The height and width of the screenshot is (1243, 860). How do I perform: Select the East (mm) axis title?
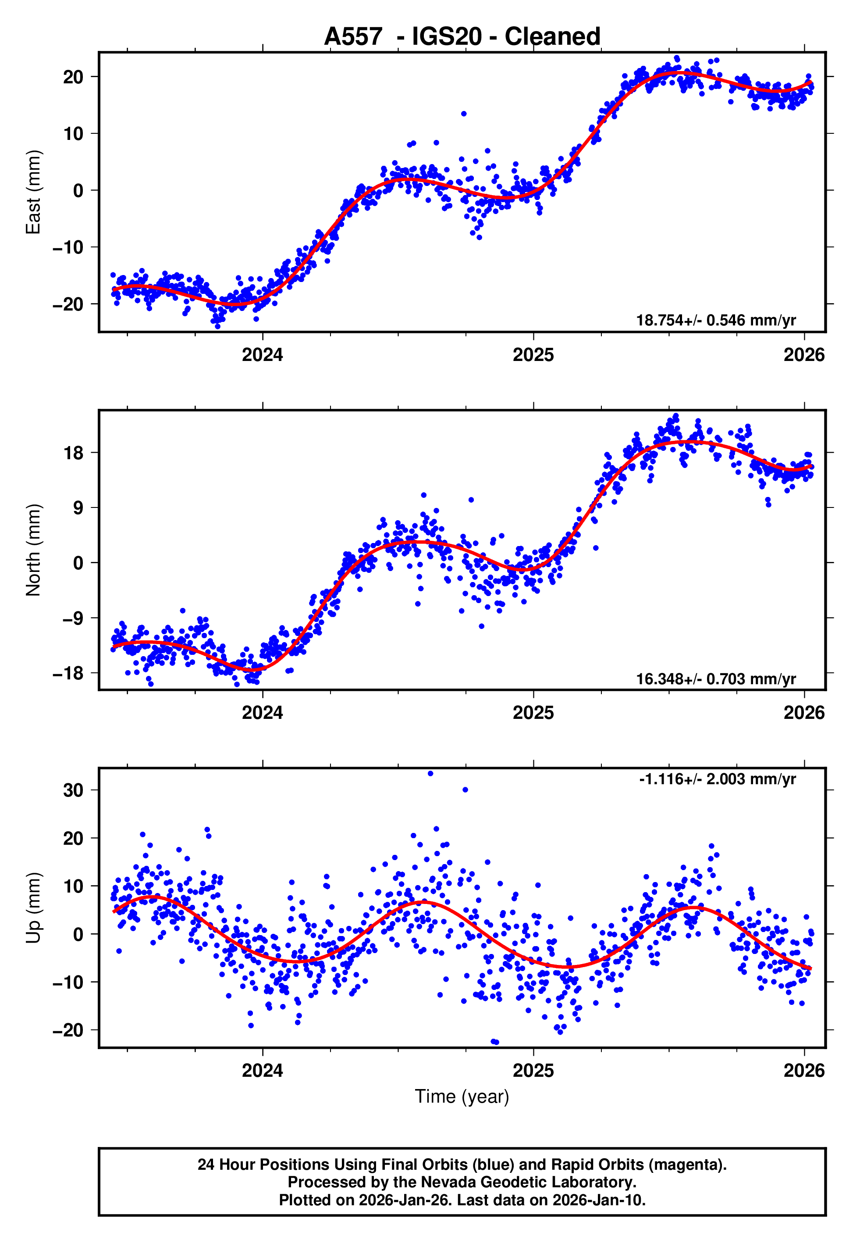pos(33,192)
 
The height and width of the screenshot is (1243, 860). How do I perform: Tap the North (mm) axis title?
pos(33,550)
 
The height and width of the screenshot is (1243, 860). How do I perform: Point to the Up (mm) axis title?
pos(33,907)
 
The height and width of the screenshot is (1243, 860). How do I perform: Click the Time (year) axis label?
pos(462,1097)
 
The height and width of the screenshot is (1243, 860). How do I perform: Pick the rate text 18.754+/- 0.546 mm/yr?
pos(716,320)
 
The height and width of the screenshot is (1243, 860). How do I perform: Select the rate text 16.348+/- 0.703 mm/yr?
pos(716,679)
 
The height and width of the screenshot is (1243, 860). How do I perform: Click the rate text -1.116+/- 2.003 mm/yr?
pos(717,779)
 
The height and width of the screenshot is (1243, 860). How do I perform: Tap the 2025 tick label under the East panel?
pos(533,355)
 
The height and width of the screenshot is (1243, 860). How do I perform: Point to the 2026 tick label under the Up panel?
pos(803,1071)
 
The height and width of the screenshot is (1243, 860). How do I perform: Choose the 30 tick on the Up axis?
pos(73,790)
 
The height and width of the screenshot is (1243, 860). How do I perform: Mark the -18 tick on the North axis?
pos(68,673)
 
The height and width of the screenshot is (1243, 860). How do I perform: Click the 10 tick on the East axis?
pos(73,134)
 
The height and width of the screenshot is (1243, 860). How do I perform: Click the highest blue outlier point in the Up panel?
pos(430,774)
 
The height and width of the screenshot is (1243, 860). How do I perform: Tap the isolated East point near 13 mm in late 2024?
pos(463,114)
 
